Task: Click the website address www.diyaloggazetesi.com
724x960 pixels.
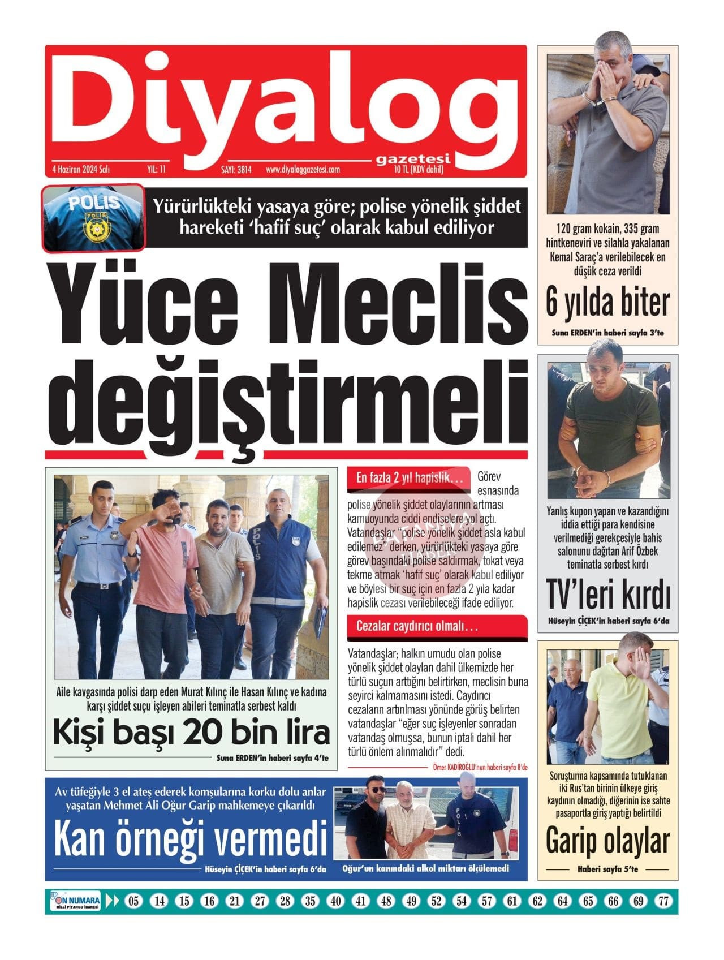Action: (303, 169)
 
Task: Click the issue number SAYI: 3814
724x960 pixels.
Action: (236, 169)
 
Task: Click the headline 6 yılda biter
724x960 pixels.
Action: (607, 303)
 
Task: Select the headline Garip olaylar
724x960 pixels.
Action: (607, 841)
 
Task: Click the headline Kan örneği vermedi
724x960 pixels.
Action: (191, 840)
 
